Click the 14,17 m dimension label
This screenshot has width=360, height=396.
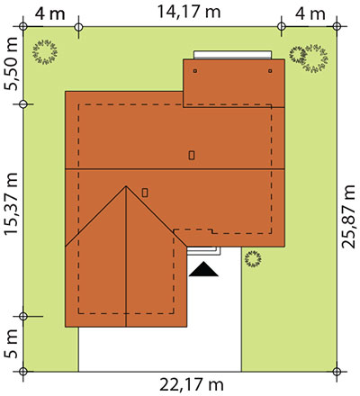(x=189, y=12)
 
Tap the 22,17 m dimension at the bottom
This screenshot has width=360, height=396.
(x=192, y=384)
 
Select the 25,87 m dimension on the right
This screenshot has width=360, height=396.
(x=348, y=217)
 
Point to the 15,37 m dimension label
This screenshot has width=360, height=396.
(x=12, y=204)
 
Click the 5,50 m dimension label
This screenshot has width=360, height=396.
(x=12, y=64)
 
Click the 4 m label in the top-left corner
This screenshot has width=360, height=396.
(x=49, y=13)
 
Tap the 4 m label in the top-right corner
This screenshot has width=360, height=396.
(x=310, y=13)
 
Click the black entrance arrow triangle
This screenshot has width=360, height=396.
(x=203, y=269)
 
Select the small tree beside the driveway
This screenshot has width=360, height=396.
(x=253, y=259)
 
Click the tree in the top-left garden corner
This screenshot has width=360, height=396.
(x=45, y=52)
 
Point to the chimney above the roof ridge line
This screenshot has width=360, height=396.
(x=192, y=155)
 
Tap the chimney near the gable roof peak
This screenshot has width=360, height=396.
(x=145, y=193)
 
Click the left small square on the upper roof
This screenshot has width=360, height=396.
(x=195, y=71)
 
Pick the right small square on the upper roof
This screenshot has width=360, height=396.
(x=270, y=71)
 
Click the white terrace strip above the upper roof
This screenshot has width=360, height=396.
(x=232, y=55)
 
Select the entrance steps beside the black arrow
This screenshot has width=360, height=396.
(x=204, y=251)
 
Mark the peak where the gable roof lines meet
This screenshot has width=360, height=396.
(x=126, y=186)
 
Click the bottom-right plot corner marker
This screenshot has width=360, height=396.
(x=337, y=372)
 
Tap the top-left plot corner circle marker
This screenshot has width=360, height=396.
(x=23, y=27)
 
